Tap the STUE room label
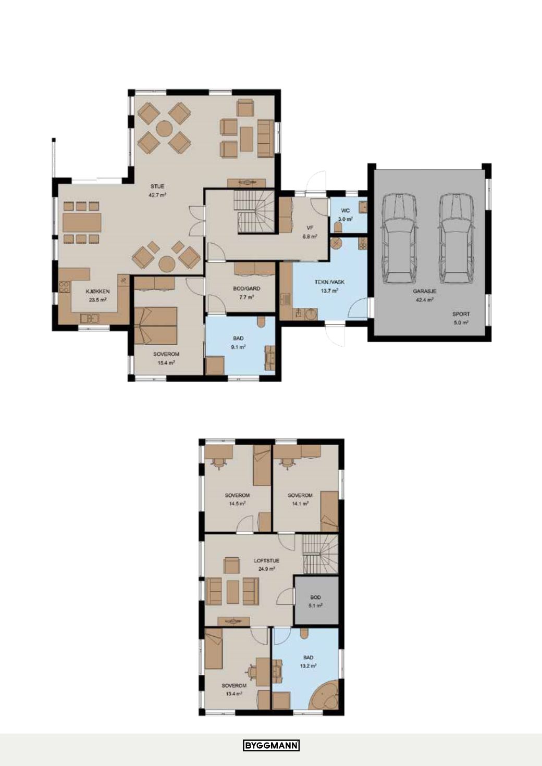tap(157, 186)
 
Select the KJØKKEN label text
tap(97, 292)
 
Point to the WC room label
tap(345, 210)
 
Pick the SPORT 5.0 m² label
tap(461, 318)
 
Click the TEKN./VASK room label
tap(329, 282)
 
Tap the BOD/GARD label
tap(247, 288)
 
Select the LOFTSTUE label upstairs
tap(266, 561)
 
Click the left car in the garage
tap(399, 238)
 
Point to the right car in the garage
tap(456, 238)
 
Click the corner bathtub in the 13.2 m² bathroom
tap(324, 694)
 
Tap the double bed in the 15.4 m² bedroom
tap(156, 325)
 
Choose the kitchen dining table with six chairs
tap(82, 222)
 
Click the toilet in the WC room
tap(338, 228)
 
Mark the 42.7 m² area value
tap(157, 195)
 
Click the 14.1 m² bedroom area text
tap(300, 504)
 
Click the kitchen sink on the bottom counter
tap(89, 318)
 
